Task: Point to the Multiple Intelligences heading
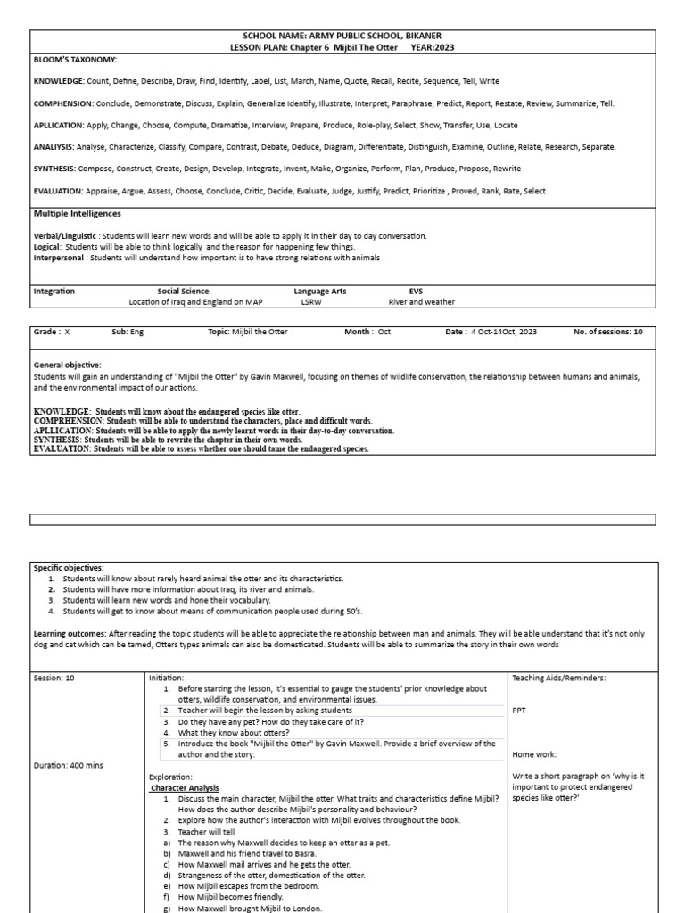coord(78,214)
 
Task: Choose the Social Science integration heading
coord(183,291)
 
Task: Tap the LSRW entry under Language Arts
coord(310,301)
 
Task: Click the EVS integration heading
coord(417,291)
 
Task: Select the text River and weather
coord(421,301)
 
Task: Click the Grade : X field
coord(51,332)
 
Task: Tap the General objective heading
coord(68,365)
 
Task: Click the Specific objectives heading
coord(69,567)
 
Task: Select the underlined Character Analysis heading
coord(185,787)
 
